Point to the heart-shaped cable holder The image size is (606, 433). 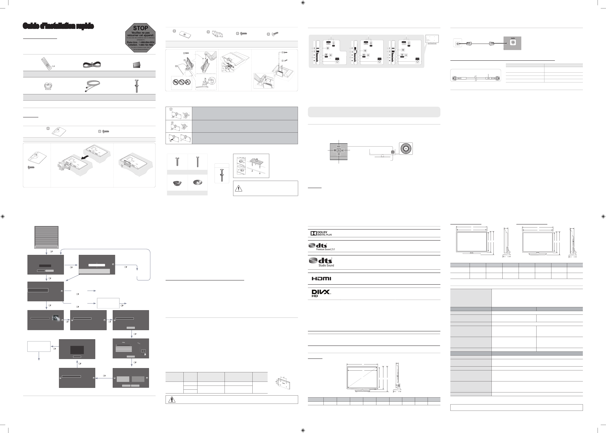48,86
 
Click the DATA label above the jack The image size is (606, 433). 513,38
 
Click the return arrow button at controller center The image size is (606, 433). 339,150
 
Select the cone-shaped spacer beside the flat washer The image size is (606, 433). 177,183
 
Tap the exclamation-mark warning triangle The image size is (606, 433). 238,188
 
